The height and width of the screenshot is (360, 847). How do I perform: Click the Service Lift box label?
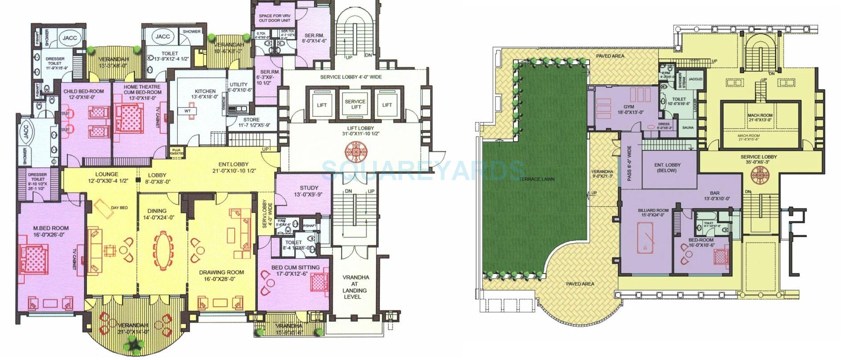(355, 105)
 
